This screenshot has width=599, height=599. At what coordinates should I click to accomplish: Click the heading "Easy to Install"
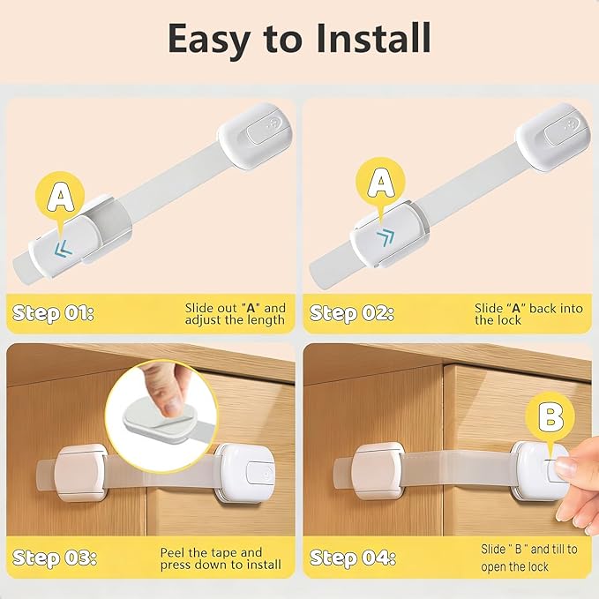(299, 39)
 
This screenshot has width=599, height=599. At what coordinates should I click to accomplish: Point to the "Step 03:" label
(56, 558)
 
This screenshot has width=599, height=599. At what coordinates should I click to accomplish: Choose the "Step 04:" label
(354, 558)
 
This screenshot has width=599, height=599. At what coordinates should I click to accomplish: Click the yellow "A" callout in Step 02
(380, 183)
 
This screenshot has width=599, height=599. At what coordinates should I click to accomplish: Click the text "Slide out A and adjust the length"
(235, 314)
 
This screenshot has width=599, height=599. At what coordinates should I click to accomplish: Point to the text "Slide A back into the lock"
(516, 314)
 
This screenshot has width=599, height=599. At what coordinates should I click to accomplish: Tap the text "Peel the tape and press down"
(221, 558)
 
